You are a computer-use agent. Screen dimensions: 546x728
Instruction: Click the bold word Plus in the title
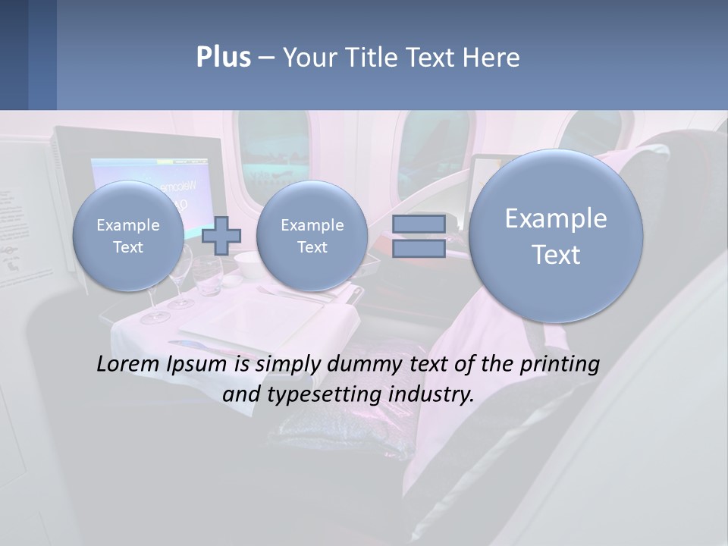point(223,58)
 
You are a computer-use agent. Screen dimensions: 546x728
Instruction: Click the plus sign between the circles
point(221,235)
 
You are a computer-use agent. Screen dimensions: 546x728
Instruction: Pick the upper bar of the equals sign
point(419,224)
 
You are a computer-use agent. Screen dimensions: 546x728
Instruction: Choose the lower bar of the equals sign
point(419,249)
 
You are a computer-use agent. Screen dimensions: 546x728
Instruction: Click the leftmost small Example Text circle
point(128,236)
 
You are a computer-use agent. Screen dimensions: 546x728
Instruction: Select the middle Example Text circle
point(312,236)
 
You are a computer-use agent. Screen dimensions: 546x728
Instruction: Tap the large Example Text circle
point(556,236)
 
